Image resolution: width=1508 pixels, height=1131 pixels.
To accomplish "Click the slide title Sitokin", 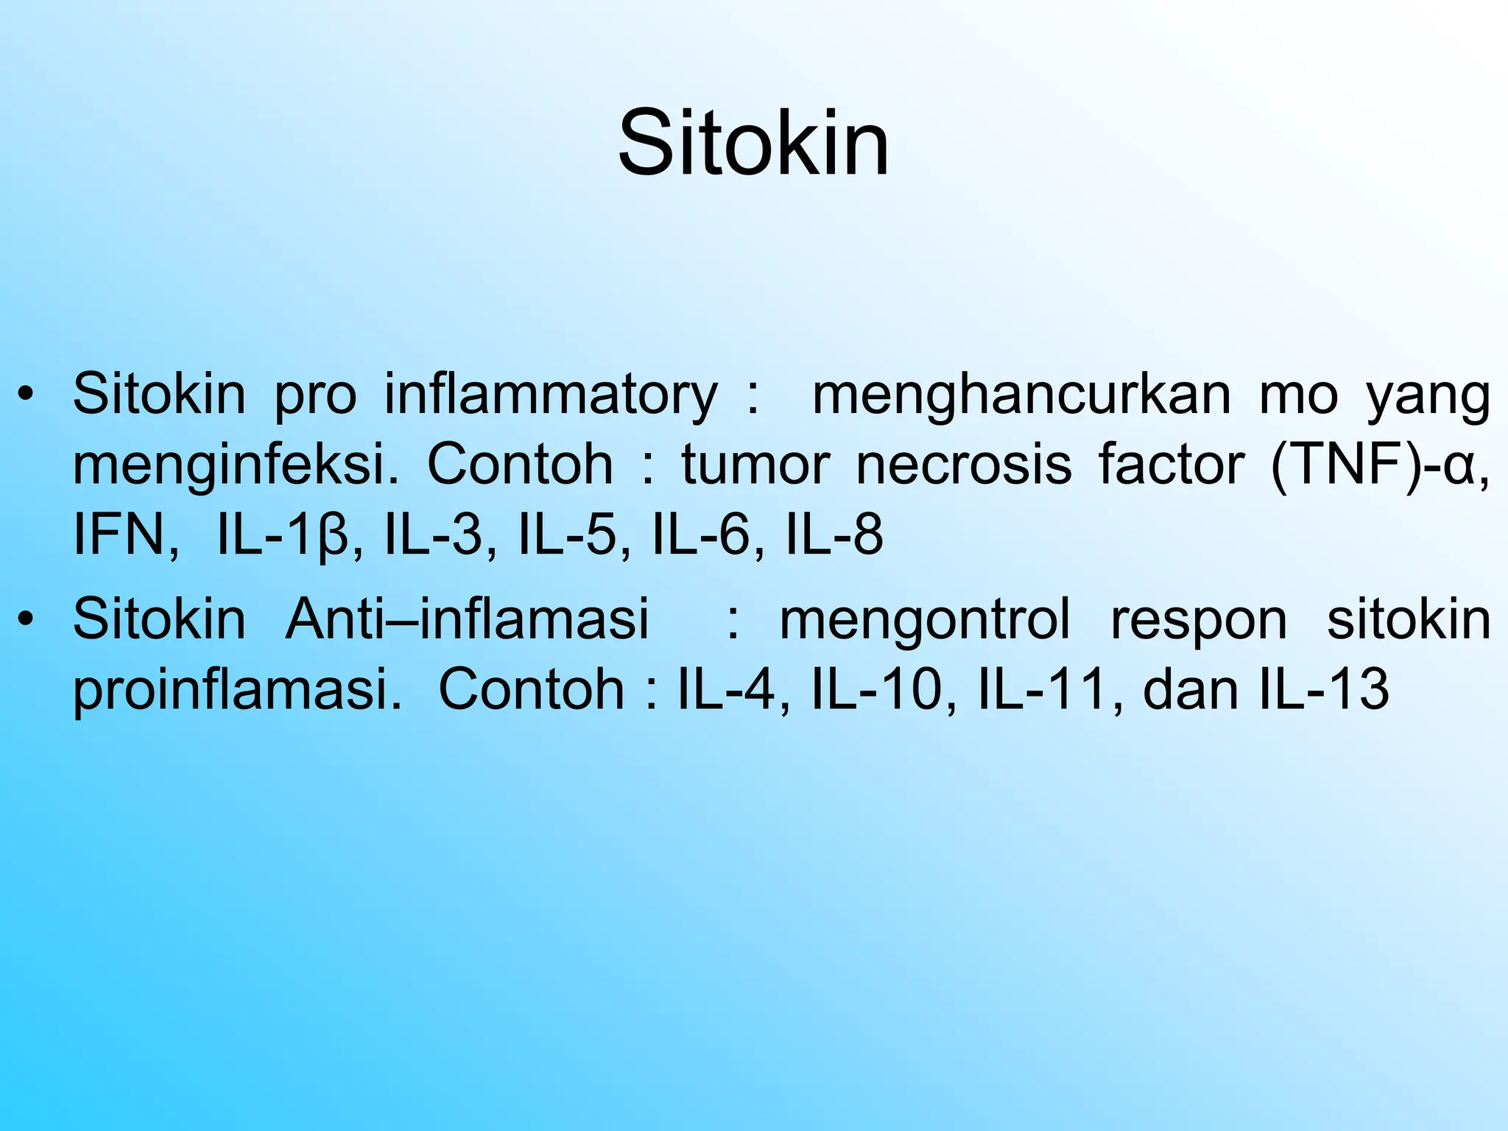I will (x=753, y=143).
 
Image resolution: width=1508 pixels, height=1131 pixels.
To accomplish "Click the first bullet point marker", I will (x=27, y=395).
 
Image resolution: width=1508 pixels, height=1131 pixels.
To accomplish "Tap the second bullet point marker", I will (x=27, y=619).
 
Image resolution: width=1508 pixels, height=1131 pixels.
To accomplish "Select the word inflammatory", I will (x=551, y=395).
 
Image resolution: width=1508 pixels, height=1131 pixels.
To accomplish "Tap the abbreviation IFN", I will (x=125, y=535).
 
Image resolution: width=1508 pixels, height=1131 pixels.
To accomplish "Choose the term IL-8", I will (x=834, y=535).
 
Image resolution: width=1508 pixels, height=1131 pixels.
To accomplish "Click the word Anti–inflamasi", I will (x=467, y=619).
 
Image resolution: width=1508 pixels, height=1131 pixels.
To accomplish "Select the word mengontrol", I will (x=925, y=619).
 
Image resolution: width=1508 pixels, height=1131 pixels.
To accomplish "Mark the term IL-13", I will (x=1324, y=689).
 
